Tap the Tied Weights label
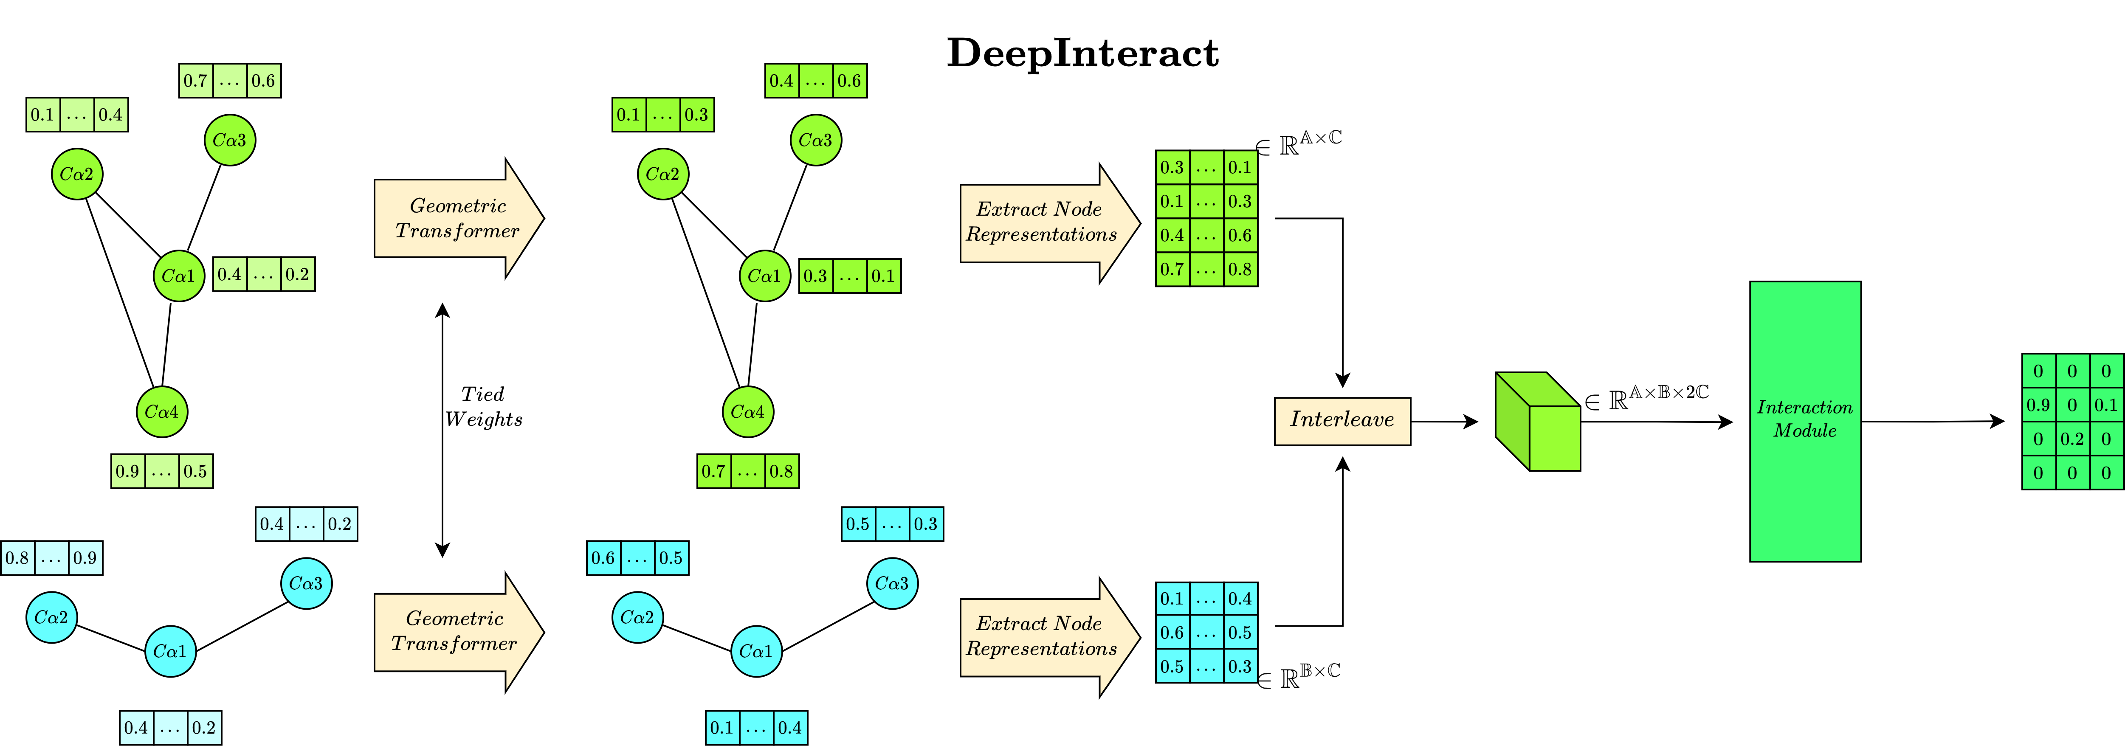tap(483, 407)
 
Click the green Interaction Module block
tap(1805, 421)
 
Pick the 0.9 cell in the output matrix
tap(2038, 405)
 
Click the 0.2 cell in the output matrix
tap(2071, 439)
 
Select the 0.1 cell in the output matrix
tap(2105, 405)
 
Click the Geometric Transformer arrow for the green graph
tap(458, 219)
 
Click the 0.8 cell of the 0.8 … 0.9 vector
tap(17, 558)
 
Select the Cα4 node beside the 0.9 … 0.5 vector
tap(162, 412)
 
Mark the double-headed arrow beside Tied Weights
tap(442, 429)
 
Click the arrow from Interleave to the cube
tap(1443, 422)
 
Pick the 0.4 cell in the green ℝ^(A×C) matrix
tap(1172, 235)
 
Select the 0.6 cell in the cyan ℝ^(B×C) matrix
tap(1172, 633)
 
